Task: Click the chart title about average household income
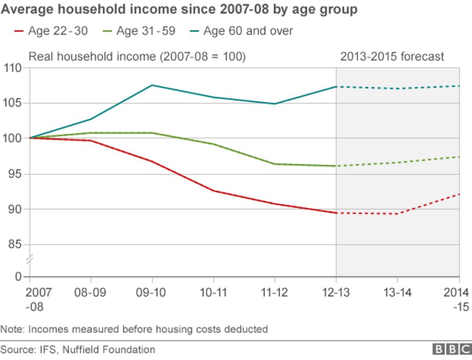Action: pos(179,9)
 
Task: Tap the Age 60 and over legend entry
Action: pos(239,31)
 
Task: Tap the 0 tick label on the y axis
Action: pos(19,277)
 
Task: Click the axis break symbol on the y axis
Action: pos(29,261)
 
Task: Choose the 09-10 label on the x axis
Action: pos(152,293)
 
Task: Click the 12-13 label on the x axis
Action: pos(336,293)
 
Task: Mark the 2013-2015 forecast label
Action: pos(392,57)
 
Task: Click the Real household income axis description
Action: pos(137,57)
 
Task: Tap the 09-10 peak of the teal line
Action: pos(152,85)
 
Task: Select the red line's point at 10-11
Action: pos(214,191)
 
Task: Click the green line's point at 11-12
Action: pos(275,164)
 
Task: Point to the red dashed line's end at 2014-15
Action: pos(458,194)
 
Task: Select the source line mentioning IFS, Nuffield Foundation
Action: pos(78,349)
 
